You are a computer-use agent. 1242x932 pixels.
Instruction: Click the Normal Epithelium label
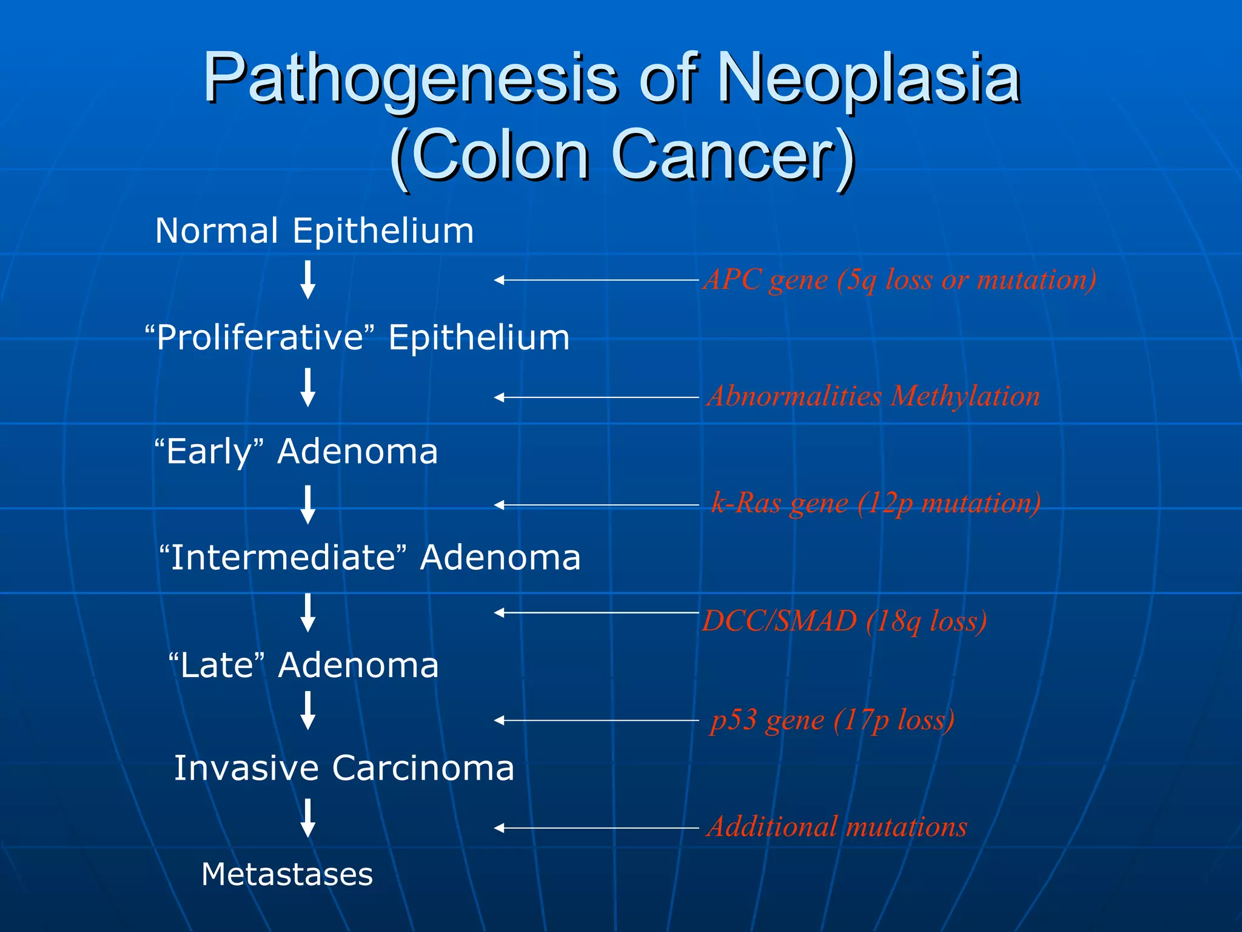coord(314,231)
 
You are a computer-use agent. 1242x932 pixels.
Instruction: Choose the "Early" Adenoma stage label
coord(296,452)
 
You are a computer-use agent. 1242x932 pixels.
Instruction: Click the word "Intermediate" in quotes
coord(281,558)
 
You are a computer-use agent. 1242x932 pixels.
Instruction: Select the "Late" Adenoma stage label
coord(303,666)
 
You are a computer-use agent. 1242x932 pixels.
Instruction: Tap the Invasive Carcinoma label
coord(344,768)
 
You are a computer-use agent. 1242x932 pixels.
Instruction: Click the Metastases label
coord(287,874)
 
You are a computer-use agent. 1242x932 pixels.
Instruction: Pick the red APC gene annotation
coord(899,280)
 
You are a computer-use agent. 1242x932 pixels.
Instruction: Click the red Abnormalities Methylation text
coord(873,397)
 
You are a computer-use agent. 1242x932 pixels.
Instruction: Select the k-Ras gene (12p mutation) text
coord(876,504)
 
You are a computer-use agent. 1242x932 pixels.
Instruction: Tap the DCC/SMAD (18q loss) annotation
coord(844,621)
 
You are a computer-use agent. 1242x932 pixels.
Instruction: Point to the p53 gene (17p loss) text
coord(832,721)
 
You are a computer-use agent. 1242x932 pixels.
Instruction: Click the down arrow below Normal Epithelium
coord(308,280)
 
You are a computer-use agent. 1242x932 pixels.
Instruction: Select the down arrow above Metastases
coord(308,818)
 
